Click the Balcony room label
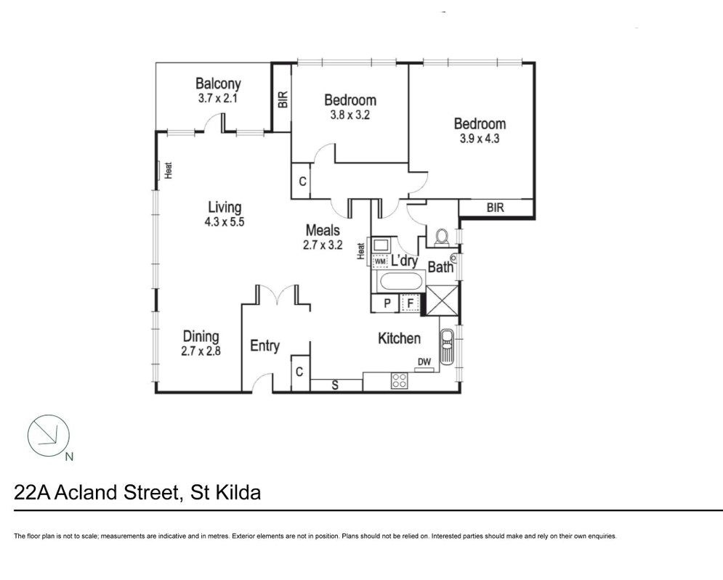point(218,84)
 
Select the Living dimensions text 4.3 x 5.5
point(225,223)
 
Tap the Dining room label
point(201,337)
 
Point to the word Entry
point(264,346)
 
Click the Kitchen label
point(399,338)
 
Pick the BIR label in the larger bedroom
point(495,208)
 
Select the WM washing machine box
point(380,261)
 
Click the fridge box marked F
point(411,303)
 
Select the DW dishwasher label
point(424,362)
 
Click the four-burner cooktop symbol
point(399,380)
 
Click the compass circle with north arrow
point(48,436)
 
